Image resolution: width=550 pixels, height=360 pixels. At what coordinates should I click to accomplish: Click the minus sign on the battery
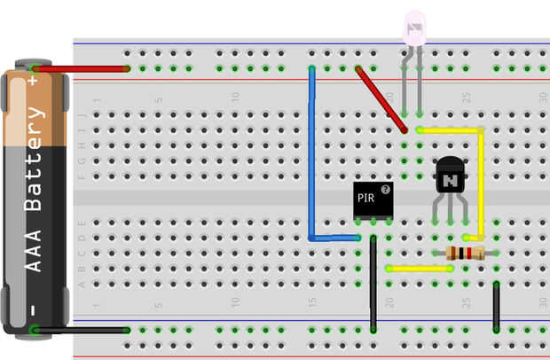click(34, 309)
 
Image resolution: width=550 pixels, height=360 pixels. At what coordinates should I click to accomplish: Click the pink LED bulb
click(414, 28)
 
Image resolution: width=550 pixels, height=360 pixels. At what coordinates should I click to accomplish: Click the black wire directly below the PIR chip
click(373, 284)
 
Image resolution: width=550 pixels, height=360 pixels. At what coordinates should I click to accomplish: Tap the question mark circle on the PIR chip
click(386, 189)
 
